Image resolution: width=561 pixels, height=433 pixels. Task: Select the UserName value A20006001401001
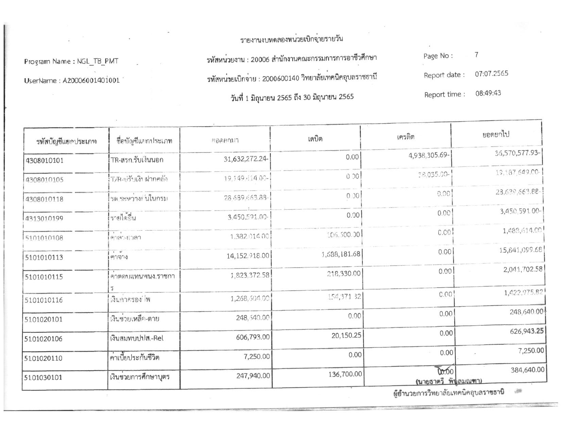click(x=91, y=81)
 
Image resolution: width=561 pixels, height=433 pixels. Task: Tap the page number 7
click(x=477, y=55)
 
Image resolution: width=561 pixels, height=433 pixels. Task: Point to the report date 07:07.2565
click(x=491, y=74)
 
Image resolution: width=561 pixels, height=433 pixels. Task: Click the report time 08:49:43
click(x=488, y=93)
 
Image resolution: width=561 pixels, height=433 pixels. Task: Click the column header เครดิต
click(x=405, y=137)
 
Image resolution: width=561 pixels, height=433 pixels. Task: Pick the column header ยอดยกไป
click(x=496, y=134)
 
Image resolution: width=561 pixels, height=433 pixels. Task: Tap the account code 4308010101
click(x=45, y=160)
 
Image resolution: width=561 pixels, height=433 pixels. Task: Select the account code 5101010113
click(x=44, y=257)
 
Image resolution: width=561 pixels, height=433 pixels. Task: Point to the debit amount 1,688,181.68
click(x=341, y=254)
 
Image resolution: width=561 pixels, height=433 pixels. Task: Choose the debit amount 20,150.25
click(x=346, y=336)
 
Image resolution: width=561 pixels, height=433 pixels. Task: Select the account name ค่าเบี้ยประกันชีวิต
click(x=135, y=358)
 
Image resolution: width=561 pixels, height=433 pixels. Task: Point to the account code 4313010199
click(x=44, y=218)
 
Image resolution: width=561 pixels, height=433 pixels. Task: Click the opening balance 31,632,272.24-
click(x=247, y=159)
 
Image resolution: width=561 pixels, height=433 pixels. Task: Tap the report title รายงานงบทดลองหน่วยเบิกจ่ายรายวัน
click(x=291, y=39)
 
